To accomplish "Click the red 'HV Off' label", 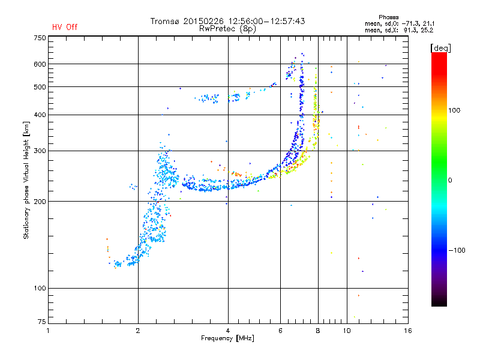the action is pos(65,27).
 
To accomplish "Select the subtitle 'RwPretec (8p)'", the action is pos(227,29).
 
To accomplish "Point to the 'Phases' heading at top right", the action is pos(388,17).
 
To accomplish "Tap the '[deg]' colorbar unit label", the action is pos(440,48).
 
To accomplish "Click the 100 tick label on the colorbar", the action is pos(454,110).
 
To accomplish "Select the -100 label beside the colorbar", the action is pos(457,250).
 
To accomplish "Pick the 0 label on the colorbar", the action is pos(450,181).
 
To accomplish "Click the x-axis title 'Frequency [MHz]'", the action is pos(227,338).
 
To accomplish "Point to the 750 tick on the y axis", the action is pos(40,38).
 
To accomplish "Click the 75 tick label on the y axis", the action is pos(42,322).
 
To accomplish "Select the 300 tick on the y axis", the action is pos(40,151).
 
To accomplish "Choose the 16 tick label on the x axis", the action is pos(408,331).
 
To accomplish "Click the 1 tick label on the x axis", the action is pos(48,331).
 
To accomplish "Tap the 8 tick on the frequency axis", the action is pos(318,331).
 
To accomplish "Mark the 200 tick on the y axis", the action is pos(40,202).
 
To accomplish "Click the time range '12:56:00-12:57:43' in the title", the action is pos(266,21).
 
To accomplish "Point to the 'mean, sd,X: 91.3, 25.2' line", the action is pos(399,31).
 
